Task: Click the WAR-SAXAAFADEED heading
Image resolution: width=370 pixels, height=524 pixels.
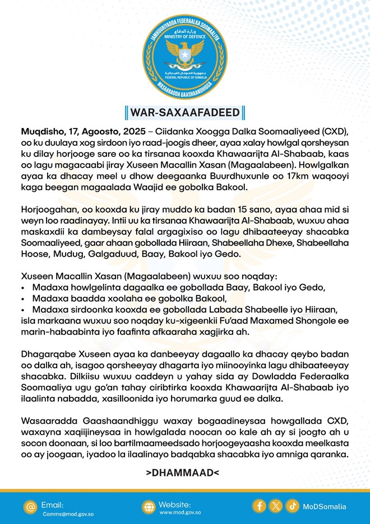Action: click(185, 112)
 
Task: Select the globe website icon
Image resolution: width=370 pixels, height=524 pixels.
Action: click(148, 507)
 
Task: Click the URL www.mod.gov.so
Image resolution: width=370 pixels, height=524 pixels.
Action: click(181, 513)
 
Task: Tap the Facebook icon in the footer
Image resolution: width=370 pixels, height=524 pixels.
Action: click(260, 506)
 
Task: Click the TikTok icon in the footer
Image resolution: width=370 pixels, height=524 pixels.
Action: click(292, 506)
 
